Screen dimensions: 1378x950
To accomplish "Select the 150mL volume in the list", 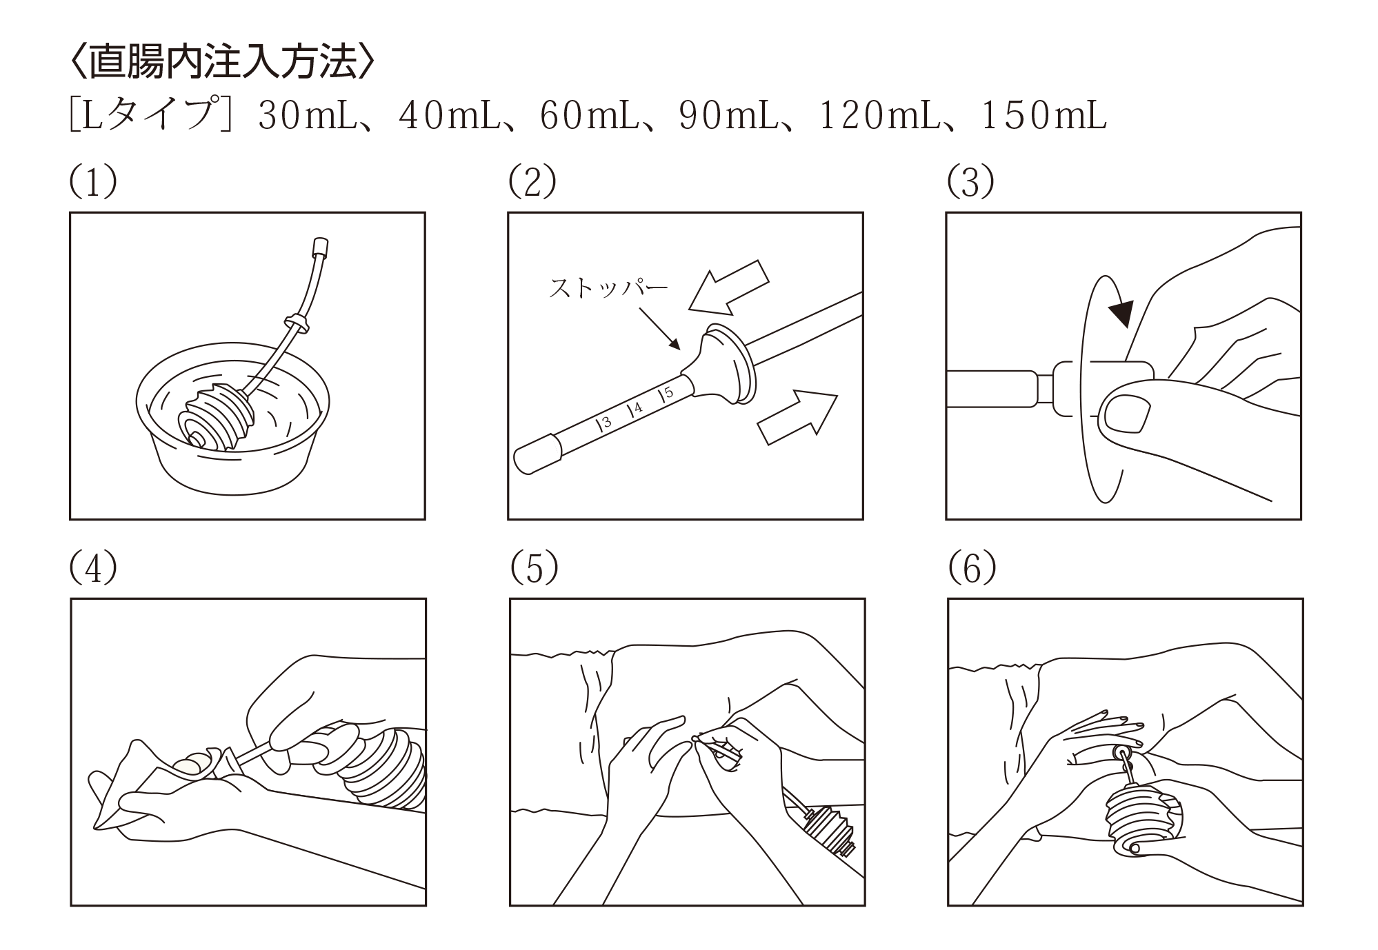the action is pyautogui.click(x=1042, y=117).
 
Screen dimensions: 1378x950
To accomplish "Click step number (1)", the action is pyautogui.click(x=93, y=183).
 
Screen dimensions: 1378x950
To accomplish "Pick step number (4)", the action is pyautogui.click(x=93, y=569).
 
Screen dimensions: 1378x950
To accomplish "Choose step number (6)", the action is pyautogui.click(x=972, y=569).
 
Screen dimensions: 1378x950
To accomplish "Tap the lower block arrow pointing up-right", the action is pyautogui.click(x=797, y=416).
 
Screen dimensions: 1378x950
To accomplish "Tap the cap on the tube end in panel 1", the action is pyautogui.click(x=319, y=247).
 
